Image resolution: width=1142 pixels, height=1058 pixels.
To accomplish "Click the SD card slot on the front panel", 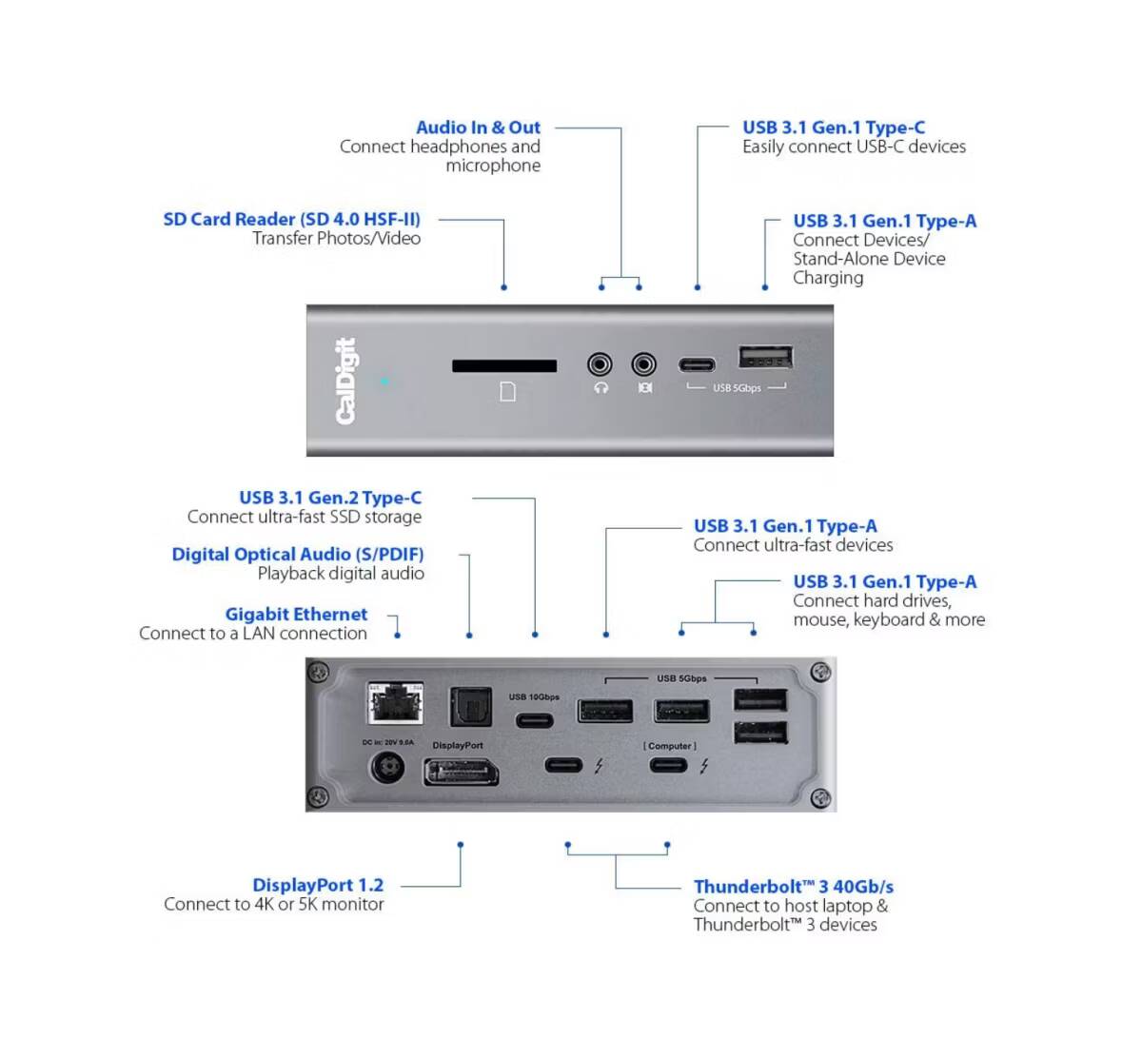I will pos(503,366).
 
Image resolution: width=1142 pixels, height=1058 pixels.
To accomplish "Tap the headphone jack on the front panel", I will pos(600,364).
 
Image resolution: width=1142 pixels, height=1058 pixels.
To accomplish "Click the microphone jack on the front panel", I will pos(644,364).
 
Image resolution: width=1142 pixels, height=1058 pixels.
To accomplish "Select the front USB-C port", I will pos(698,365).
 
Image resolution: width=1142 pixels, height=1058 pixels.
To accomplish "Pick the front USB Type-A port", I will pos(765,359).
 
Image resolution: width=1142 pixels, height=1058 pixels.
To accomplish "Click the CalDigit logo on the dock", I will pos(346,381).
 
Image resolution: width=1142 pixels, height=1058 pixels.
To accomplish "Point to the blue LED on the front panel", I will pos(384,382).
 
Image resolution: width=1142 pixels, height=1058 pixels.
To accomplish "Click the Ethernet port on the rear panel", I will pos(395,704).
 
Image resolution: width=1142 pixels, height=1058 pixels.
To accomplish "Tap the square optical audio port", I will pos(470,707).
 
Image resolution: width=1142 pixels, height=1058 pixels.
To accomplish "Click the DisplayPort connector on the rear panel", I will pos(461,771).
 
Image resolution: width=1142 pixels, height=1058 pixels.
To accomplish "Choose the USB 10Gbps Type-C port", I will pos(534,720).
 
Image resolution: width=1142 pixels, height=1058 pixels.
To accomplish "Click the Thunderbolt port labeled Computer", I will pos(668,765).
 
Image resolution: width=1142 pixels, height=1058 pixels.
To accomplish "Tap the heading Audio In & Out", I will pos(478,127).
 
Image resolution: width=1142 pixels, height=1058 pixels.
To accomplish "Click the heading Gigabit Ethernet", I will pos(296,615).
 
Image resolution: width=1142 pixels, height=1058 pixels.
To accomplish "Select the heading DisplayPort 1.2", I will pos(318,885).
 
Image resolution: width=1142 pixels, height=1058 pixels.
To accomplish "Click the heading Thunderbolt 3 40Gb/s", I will pos(793,887).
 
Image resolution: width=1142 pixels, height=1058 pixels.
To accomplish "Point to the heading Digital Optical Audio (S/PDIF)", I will pos(298,555).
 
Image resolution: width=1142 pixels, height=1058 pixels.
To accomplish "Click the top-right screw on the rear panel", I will pos(819,673).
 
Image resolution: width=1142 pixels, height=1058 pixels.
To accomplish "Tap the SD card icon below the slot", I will pos(507,391).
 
